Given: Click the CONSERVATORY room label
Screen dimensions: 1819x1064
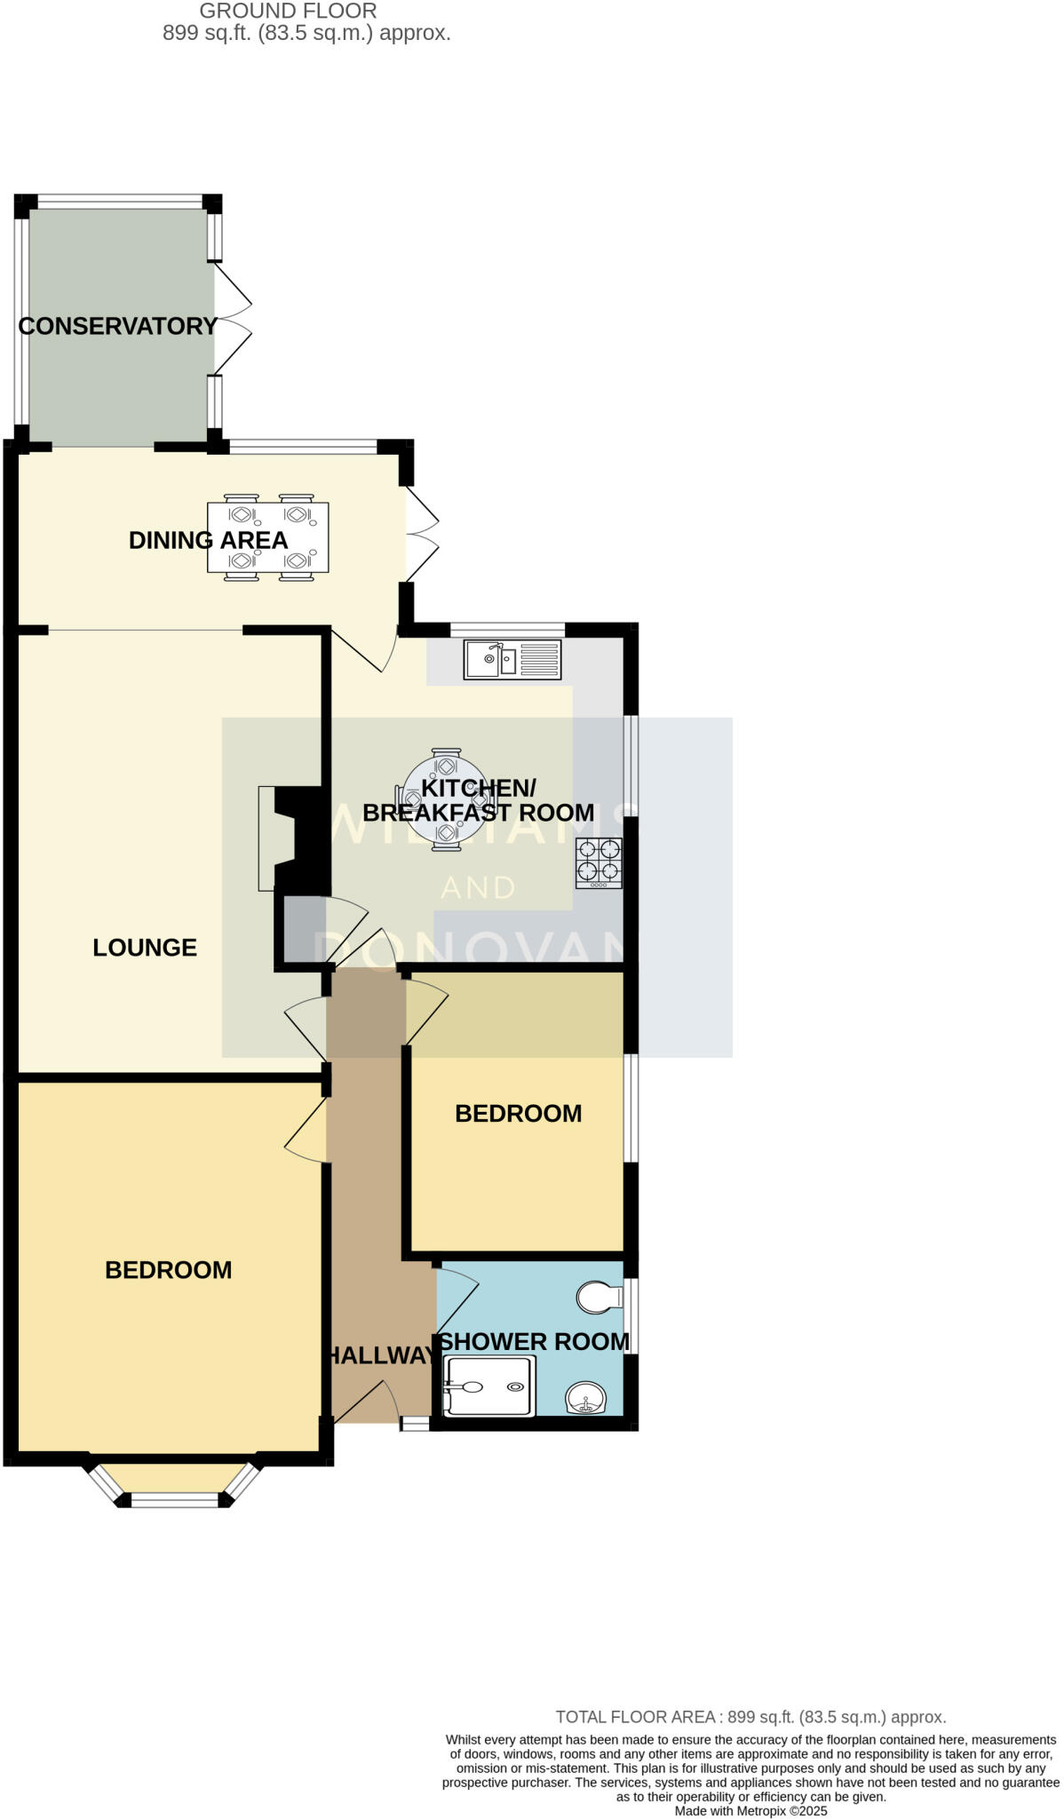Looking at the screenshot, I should pyautogui.click(x=117, y=326).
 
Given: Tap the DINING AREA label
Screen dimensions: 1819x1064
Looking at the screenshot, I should pyautogui.click(x=208, y=540).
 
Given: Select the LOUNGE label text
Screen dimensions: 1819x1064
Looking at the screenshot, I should pyautogui.click(x=145, y=948).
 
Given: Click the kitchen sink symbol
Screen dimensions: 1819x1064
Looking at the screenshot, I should pyautogui.click(x=512, y=660).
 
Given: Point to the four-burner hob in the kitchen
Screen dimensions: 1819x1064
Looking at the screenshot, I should pyautogui.click(x=599, y=862).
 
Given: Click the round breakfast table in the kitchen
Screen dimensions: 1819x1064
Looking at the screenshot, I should pyautogui.click(x=444, y=800).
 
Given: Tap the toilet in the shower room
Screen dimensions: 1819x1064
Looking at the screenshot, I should pyautogui.click(x=599, y=1298).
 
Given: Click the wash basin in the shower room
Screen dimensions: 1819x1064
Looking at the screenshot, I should pyautogui.click(x=585, y=1399).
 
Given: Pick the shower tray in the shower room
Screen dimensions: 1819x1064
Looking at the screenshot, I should pyautogui.click(x=489, y=1387).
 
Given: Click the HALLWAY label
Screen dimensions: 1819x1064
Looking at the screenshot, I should pyautogui.click(x=380, y=1355).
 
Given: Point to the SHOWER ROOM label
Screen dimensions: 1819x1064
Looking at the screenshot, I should pyautogui.click(x=535, y=1342).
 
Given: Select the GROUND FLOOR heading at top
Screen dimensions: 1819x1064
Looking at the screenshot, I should pyautogui.click(x=288, y=12).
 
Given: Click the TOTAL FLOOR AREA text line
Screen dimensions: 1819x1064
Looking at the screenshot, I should pyautogui.click(x=750, y=1718).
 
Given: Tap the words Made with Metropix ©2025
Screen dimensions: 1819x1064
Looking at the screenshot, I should pyautogui.click(x=750, y=1811).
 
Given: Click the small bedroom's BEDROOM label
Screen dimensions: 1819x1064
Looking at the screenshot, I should pyautogui.click(x=518, y=1114).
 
